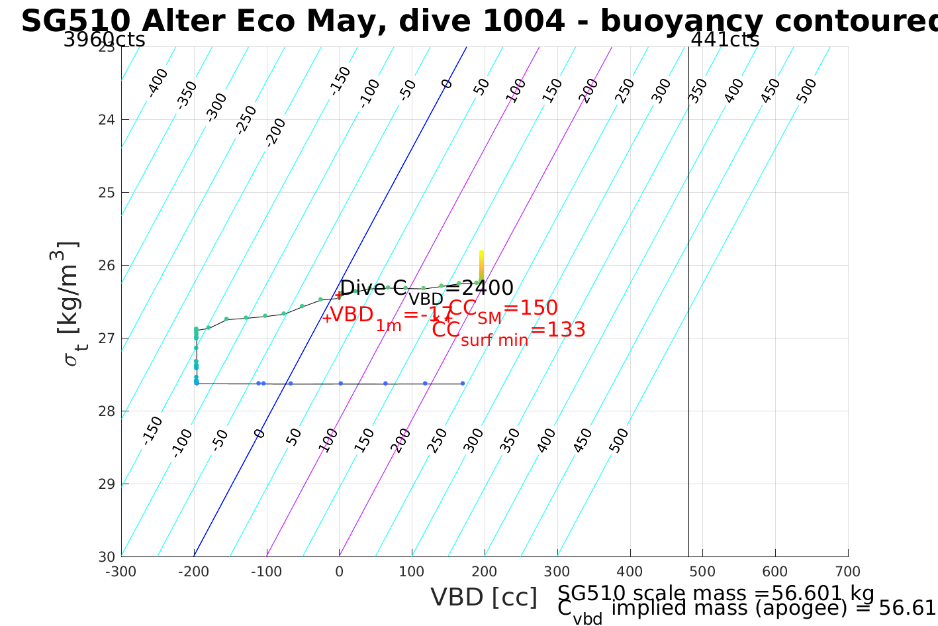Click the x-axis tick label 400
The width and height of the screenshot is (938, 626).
click(630, 572)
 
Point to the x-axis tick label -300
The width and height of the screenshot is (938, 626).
click(121, 572)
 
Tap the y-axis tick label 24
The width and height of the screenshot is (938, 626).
click(107, 120)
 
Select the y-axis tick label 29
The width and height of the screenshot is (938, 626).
click(107, 484)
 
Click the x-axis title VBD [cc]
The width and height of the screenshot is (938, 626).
click(484, 598)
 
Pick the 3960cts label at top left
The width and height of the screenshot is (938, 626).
click(104, 40)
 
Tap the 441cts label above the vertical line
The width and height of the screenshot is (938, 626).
click(725, 40)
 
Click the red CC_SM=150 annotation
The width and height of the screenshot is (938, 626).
click(503, 309)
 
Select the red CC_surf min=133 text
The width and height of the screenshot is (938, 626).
click(508, 331)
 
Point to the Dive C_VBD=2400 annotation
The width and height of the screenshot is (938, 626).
click(426, 289)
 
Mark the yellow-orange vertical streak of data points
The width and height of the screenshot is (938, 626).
click(481, 265)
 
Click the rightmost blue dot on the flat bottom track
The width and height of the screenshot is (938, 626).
click(463, 384)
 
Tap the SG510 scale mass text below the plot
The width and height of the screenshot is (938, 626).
click(716, 594)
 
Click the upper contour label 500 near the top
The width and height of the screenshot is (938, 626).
click(806, 91)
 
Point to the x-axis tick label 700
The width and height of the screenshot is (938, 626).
click(848, 572)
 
